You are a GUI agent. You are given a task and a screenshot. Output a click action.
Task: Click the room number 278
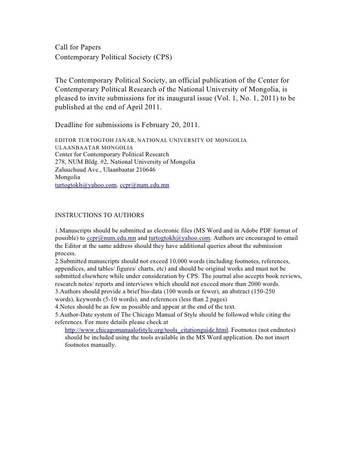tap(60, 162)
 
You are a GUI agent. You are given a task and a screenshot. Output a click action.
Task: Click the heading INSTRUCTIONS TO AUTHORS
tap(99, 216)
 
